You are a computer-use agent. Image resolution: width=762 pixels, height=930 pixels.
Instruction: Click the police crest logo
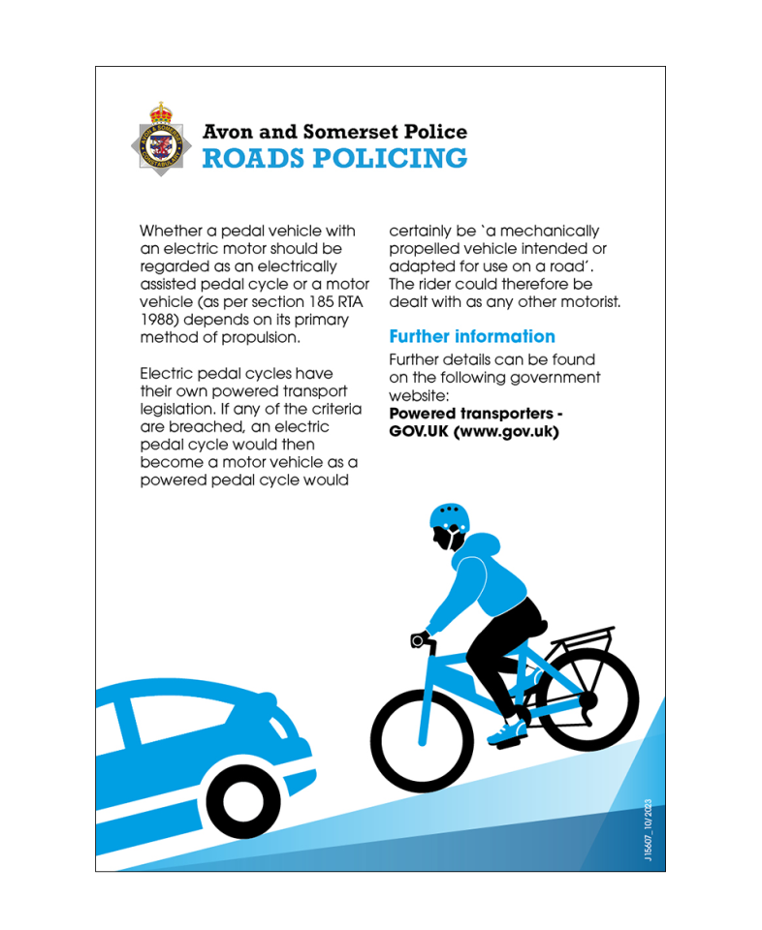(x=161, y=139)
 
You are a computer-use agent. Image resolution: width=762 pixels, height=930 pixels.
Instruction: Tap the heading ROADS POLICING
(x=334, y=158)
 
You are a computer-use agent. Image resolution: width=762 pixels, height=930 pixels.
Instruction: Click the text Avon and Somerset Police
(x=334, y=132)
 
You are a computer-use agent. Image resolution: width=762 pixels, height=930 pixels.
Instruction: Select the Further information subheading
(x=471, y=336)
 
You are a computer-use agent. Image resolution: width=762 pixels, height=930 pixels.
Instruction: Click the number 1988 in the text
(x=158, y=319)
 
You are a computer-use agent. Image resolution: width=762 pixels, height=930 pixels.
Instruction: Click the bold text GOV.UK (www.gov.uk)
(x=473, y=431)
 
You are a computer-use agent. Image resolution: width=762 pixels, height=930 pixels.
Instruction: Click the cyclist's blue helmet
(x=448, y=516)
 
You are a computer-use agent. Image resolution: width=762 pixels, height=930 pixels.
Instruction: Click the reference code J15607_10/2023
(x=648, y=832)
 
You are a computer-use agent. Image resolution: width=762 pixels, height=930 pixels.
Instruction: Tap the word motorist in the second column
(x=587, y=301)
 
